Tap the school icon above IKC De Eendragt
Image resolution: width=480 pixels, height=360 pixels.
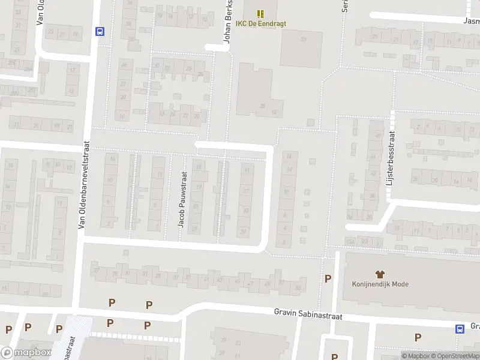[x=260, y=13]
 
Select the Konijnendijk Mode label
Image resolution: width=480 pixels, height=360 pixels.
[x=380, y=284]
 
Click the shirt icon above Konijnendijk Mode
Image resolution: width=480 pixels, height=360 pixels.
[x=379, y=274]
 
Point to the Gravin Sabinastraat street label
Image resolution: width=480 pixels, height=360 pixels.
[x=308, y=313]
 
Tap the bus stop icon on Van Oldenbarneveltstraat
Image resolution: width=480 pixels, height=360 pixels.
[x=100, y=32]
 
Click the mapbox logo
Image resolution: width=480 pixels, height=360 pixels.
[x=26, y=353]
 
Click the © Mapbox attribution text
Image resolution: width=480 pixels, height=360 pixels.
[x=416, y=356]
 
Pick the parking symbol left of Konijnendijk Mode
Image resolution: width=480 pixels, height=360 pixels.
[x=328, y=278]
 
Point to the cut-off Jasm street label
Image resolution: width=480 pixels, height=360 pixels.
[x=471, y=20]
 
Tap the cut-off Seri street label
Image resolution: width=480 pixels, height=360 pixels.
[x=345, y=6]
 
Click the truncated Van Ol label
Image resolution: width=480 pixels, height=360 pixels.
[x=41, y=12]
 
